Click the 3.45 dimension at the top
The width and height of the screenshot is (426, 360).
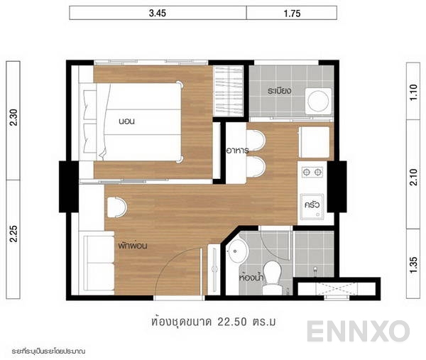coord(159,12)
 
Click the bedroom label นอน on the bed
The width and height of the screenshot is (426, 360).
coord(127,121)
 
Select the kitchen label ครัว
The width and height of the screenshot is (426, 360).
coord(311,205)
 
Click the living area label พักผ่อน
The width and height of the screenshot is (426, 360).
coord(133,246)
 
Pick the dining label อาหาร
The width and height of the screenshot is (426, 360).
coord(236,151)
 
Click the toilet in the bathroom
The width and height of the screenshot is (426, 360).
coord(271,285)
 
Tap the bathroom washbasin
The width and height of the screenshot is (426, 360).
coord(239,249)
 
